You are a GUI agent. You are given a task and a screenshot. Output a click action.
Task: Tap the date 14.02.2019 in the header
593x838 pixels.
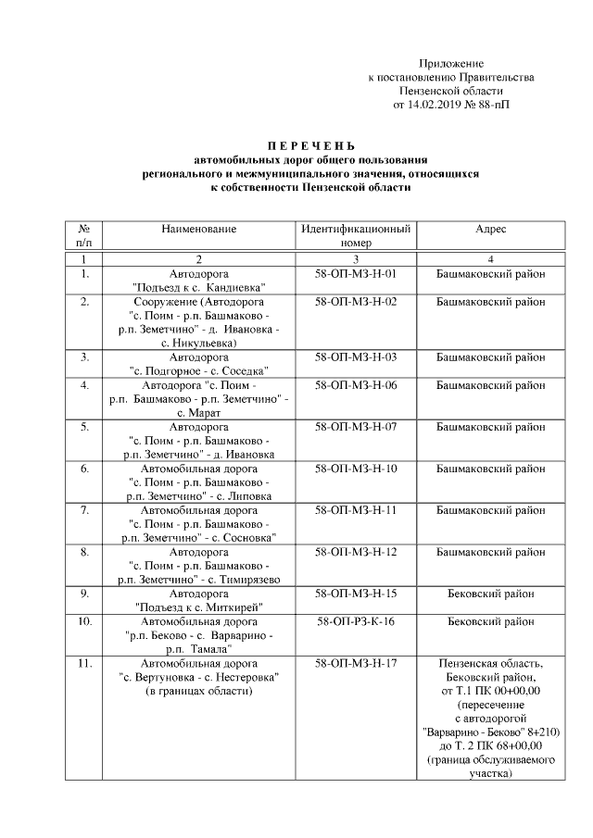434,106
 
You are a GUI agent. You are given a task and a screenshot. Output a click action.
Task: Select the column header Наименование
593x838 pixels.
198,229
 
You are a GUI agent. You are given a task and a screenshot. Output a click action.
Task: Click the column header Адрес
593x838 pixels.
490,229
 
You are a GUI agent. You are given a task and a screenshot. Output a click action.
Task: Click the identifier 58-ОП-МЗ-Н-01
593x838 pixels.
355,274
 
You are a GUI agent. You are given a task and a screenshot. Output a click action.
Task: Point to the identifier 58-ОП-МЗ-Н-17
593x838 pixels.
355,664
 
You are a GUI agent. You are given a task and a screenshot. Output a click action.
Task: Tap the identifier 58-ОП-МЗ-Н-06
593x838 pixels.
355,384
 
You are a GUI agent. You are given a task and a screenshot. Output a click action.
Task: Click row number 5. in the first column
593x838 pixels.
84,427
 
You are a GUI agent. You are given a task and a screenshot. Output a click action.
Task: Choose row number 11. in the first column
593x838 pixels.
84,664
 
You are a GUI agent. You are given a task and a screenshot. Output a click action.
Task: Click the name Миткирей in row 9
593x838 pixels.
233,607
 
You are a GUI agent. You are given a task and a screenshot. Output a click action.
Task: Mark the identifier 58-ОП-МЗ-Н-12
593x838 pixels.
355,552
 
